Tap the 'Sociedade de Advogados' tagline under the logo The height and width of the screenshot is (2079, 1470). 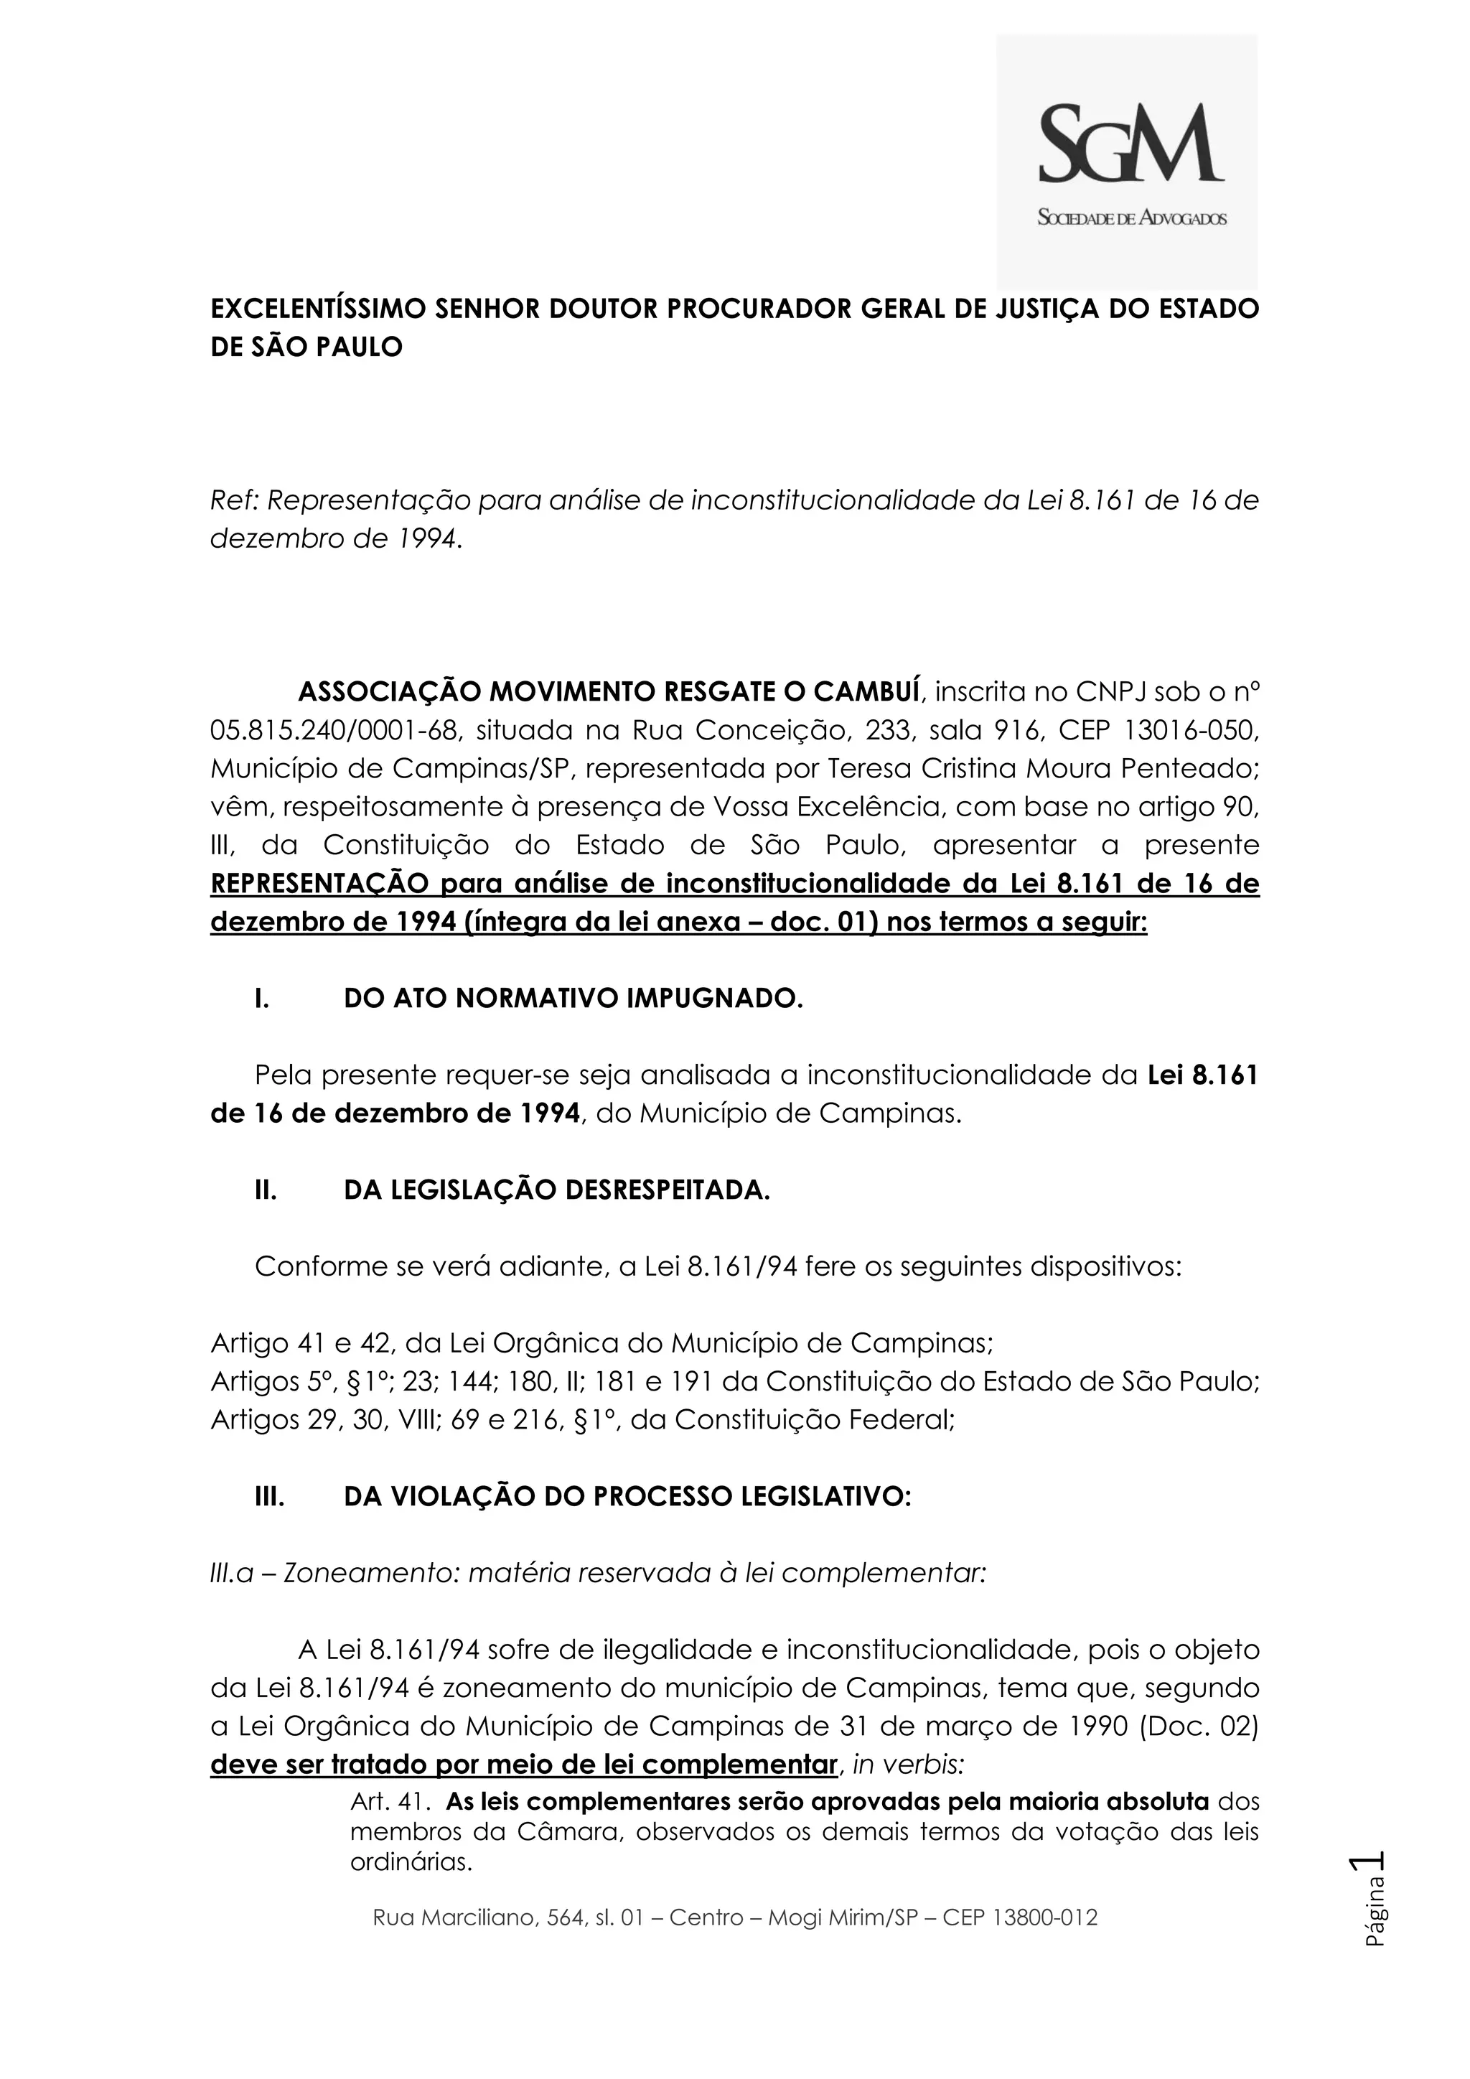(x=1131, y=218)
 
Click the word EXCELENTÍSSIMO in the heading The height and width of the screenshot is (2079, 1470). (x=319, y=309)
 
